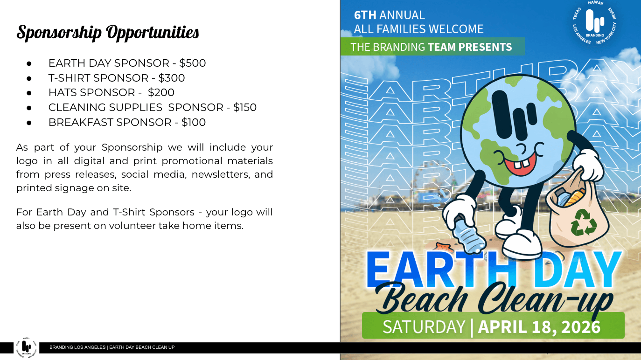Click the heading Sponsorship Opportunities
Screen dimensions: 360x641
108,33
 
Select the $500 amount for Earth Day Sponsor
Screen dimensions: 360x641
192,63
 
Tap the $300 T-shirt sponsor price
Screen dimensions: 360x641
172,78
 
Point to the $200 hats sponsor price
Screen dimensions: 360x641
161,93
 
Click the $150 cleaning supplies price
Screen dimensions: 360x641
245,108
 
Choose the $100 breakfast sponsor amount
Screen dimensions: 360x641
194,123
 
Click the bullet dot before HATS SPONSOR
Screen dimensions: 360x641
29,93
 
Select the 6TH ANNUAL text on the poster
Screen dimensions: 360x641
389,15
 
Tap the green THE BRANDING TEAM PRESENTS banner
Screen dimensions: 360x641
432,47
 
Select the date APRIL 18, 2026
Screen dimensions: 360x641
539,327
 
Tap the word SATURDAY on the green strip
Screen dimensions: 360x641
424,327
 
